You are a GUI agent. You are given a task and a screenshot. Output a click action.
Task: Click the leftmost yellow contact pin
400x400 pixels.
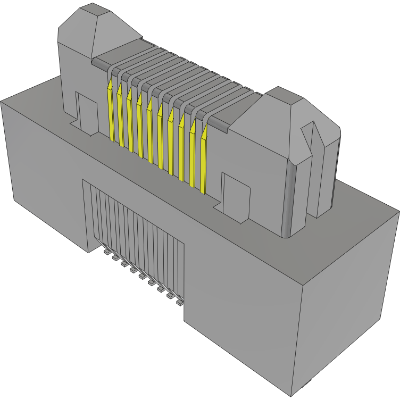point(111,112)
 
